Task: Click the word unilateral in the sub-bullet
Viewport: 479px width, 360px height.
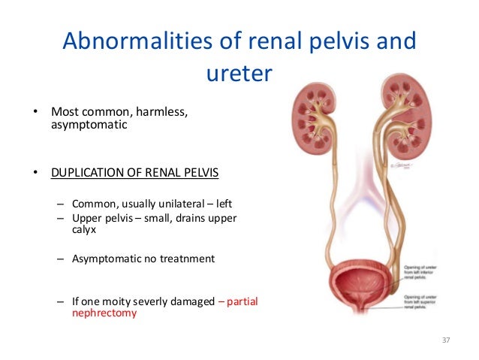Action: [x=180, y=204]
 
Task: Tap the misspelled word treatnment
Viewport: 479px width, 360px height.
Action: [x=185, y=259]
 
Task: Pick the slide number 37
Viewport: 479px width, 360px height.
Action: [x=445, y=341]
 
